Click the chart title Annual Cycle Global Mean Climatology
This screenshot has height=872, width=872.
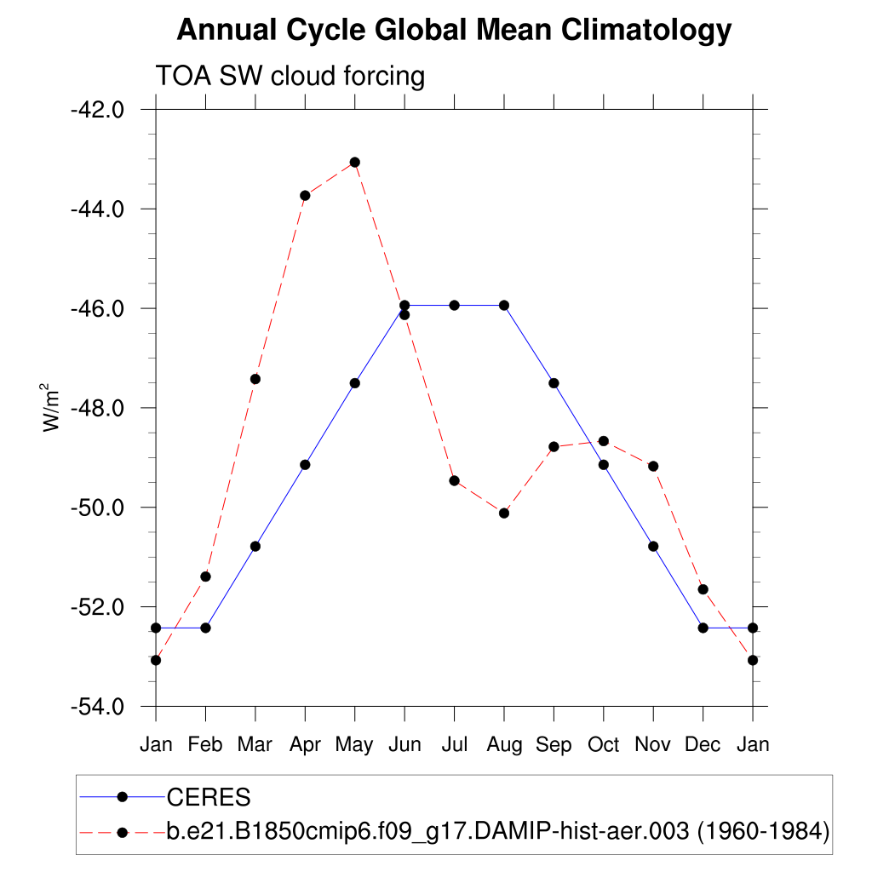[x=453, y=31]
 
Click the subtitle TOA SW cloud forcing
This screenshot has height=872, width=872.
[x=290, y=77]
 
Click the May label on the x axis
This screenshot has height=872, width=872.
[x=354, y=745]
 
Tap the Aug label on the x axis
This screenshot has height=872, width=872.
[x=504, y=745]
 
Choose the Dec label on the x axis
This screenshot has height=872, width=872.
[x=703, y=745]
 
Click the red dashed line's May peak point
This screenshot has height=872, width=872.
[x=354, y=162]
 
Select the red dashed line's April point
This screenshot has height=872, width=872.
[x=305, y=195]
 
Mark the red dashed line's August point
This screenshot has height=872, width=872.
[x=504, y=513]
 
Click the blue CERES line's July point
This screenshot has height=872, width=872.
[x=454, y=305]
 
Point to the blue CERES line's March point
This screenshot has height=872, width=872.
[x=255, y=546]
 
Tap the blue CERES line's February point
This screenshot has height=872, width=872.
[x=205, y=628]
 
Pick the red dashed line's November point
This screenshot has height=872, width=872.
[x=653, y=466]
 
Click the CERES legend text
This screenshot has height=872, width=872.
[x=209, y=798]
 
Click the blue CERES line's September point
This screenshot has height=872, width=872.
[x=554, y=383]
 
